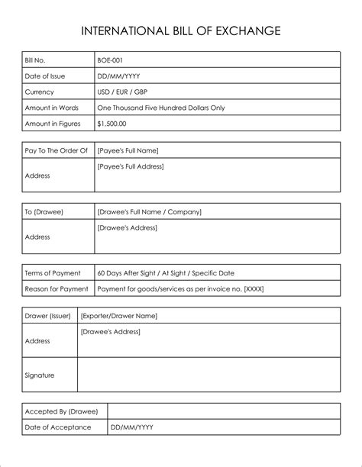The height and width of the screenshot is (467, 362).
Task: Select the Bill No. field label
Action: (x=37, y=60)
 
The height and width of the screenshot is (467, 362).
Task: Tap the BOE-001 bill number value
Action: (x=111, y=60)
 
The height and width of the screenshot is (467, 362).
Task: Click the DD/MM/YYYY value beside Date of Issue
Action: (x=119, y=76)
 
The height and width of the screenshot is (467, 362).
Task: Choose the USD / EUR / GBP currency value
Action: (x=123, y=92)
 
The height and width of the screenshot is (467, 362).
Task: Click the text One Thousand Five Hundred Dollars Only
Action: (x=161, y=108)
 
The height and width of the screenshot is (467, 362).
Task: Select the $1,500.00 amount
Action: (x=112, y=123)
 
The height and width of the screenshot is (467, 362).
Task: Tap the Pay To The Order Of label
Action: (x=57, y=150)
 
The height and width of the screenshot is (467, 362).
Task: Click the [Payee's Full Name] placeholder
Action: (x=128, y=150)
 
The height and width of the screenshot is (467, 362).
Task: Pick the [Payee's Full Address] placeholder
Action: (x=131, y=166)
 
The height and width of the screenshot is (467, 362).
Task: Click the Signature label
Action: (x=40, y=375)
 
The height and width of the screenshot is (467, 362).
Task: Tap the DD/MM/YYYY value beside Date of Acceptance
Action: (x=133, y=427)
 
